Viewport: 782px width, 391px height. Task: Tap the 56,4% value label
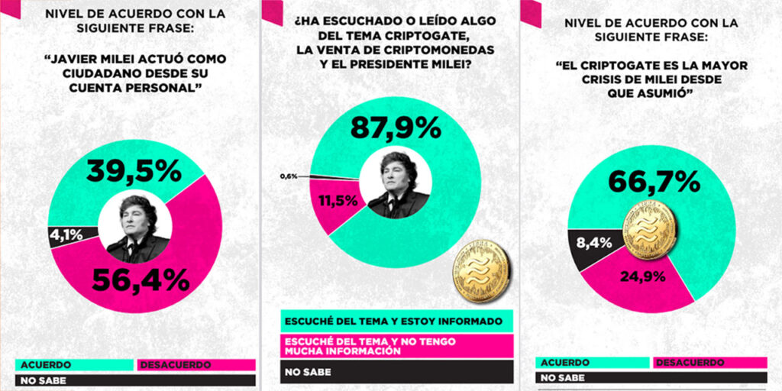[141, 280]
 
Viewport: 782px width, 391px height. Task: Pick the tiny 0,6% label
[288, 176]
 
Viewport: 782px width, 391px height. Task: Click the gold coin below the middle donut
[480, 269]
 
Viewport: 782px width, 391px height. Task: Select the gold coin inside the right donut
[650, 229]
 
